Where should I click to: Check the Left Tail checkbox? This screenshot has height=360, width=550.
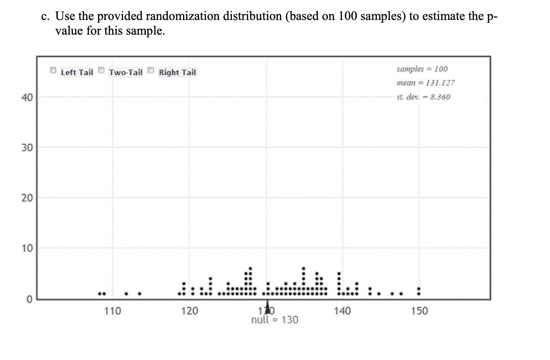53,71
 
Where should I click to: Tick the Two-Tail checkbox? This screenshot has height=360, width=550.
101,71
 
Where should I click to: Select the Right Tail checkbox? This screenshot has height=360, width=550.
151,71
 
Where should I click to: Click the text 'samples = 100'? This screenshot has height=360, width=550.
422,69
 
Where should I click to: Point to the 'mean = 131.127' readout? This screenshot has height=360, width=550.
425,83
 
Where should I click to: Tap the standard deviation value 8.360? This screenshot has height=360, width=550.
437,97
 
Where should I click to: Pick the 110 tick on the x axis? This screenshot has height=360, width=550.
112,311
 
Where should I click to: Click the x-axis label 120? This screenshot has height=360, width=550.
190,311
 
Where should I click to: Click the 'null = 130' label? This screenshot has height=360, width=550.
275,320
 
